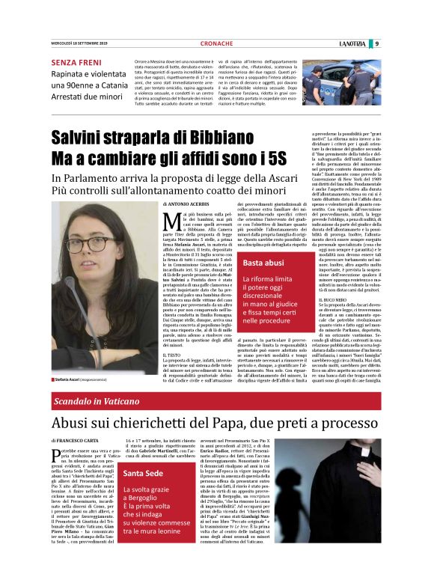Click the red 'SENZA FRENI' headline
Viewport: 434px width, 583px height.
click(x=74, y=63)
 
